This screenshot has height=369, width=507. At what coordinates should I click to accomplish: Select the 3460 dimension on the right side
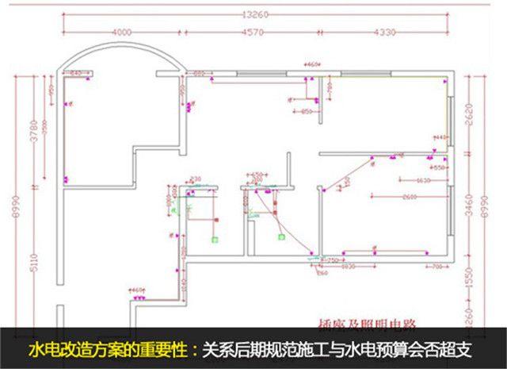coord(470,212)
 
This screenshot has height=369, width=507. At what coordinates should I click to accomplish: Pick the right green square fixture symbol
coord(280,235)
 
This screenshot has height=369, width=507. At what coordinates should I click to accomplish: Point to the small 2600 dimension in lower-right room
coord(409,196)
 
